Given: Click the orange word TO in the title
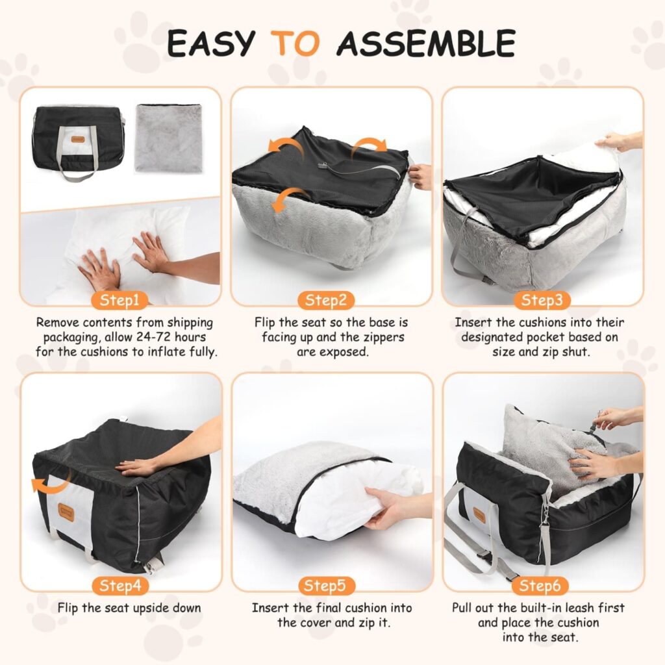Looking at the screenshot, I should [296, 44].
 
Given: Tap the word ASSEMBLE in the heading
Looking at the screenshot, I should [425, 44].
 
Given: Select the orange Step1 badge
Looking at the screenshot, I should [120, 300].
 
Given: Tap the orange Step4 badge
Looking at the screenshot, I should [120, 586].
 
